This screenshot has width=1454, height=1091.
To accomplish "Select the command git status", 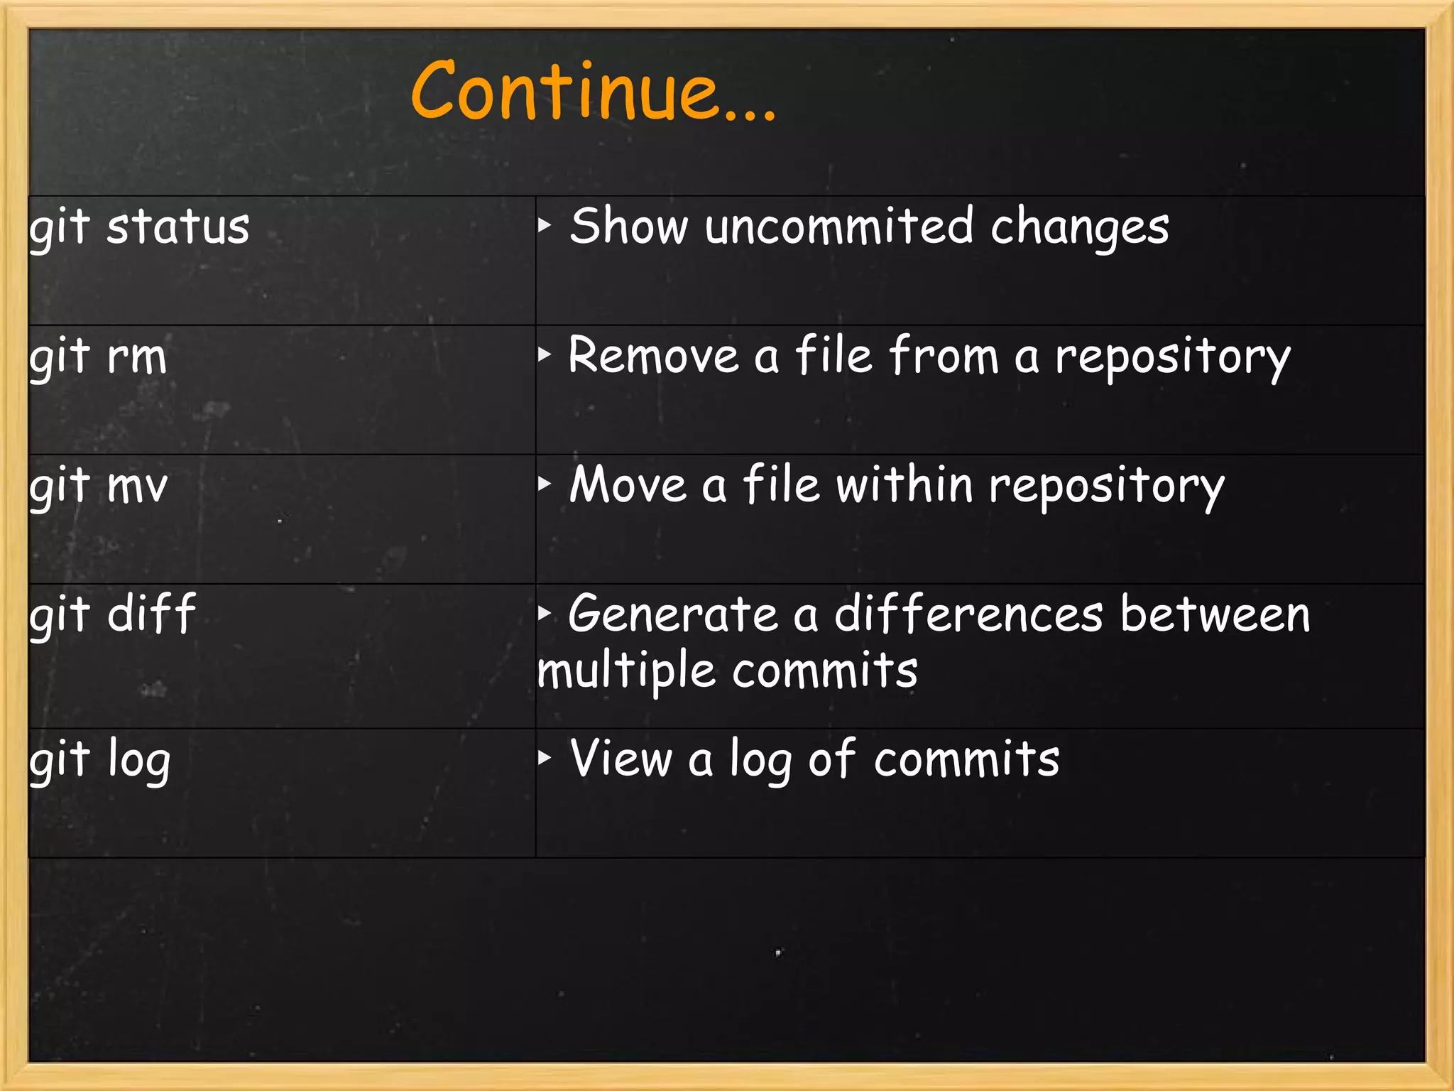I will point(139,227).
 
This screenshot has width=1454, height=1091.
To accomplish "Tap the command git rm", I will point(98,357).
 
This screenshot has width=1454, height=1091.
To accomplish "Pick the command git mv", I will point(99,486).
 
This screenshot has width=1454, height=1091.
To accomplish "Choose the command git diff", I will point(112,614).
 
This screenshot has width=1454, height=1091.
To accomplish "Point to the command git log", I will point(100,760).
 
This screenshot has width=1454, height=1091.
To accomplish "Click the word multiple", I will point(625,672).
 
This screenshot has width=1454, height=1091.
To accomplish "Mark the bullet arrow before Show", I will point(545,226).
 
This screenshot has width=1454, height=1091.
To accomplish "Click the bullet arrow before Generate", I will point(545,613).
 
